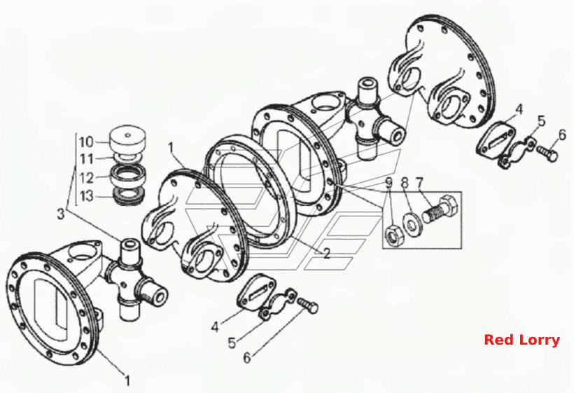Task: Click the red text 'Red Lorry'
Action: pyautogui.click(x=521, y=340)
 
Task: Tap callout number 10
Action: pyautogui.click(x=87, y=142)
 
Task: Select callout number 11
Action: pyautogui.click(x=87, y=159)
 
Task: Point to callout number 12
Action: pyautogui.click(x=87, y=179)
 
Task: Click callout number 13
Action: pyautogui.click(x=87, y=196)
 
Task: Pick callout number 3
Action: pyautogui.click(x=61, y=214)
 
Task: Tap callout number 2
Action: pyautogui.click(x=325, y=253)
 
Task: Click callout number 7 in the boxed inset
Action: pyautogui.click(x=419, y=182)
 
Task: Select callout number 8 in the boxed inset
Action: pyautogui.click(x=404, y=182)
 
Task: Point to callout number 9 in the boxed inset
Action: pyautogui.click(x=388, y=182)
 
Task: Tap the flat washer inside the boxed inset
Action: pyautogui.click(x=412, y=223)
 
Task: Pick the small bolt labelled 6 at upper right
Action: pyautogui.click(x=547, y=153)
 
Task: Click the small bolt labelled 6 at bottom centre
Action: pyautogui.click(x=307, y=305)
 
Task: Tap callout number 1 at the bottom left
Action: pyautogui.click(x=127, y=381)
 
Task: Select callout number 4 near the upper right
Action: pyautogui.click(x=519, y=109)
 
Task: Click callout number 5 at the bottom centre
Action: pyautogui.click(x=232, y=343)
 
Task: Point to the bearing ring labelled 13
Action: pyautogui.click(x=129, y=196)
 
